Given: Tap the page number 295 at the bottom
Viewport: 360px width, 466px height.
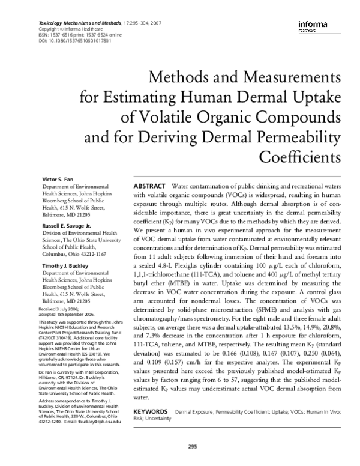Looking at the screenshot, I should pyautogui.click(x=192, y=446).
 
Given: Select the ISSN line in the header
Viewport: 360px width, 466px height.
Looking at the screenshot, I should pyautogui.click(x=68, y=34).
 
